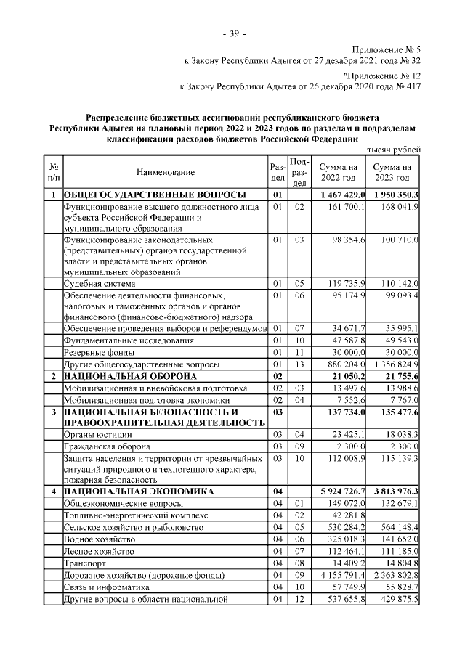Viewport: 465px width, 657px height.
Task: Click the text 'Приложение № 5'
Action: (387, 49)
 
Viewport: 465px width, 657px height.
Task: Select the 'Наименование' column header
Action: (165, 172)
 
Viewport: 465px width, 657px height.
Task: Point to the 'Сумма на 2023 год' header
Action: (393, 173)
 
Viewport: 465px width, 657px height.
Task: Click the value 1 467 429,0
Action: (341, 195)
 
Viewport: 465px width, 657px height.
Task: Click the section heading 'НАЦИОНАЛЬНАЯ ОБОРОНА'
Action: (130, 376)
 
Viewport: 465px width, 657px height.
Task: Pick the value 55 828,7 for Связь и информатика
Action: (399, 586)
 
